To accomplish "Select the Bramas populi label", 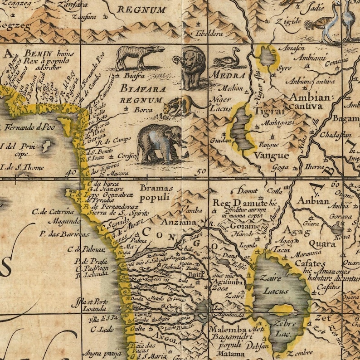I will pos(156,193).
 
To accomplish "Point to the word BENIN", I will pos(38,53).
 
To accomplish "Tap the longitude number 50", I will pos(202,171).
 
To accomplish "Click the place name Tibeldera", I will pos(209,34).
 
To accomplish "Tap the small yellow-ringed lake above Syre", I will pos(267,57).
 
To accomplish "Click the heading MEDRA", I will pos(229,75).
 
